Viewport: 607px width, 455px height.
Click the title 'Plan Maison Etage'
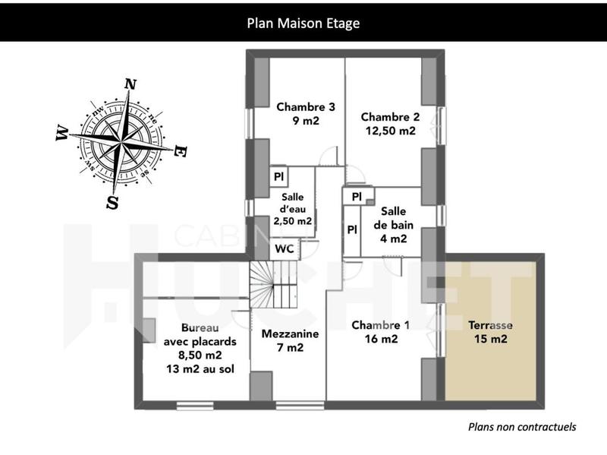[303, 23]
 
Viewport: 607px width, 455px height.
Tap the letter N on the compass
[131, 84]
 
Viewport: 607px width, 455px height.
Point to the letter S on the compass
[112, 202]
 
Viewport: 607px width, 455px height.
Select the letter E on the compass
[180, 151]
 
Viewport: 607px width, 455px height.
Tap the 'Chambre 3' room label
[305, 106]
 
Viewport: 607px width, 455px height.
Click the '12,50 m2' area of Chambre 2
[390, 130]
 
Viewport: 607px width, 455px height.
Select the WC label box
[285, 248]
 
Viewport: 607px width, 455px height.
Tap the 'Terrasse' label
[489, 325]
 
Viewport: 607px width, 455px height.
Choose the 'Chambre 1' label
[380, 325]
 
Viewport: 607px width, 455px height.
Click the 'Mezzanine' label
[290, 333]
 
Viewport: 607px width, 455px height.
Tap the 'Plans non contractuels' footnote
[522, 427]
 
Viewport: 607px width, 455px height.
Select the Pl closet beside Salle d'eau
[278, 176]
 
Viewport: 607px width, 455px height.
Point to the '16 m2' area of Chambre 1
[380, 340]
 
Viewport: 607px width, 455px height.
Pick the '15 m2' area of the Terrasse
[489, 340]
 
